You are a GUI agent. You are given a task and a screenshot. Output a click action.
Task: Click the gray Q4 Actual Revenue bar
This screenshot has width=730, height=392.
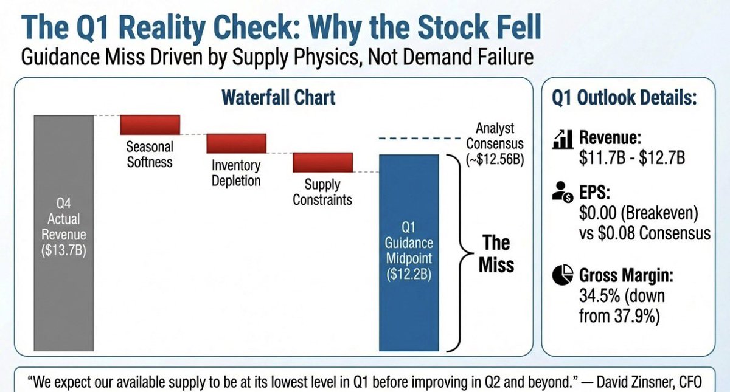click(64, 233)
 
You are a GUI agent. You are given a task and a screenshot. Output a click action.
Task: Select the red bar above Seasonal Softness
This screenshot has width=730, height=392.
click(150, 125)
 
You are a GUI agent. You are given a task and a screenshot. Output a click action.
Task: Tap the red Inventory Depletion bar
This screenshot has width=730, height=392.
click(236, 143)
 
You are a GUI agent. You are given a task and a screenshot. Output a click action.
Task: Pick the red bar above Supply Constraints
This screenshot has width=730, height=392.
click(322, 162)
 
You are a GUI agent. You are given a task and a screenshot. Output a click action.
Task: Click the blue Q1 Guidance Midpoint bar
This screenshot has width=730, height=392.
click(409, 253)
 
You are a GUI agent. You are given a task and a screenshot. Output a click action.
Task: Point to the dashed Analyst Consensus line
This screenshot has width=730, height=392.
click(419, 139)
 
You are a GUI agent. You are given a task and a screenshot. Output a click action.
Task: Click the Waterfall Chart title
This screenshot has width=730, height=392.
click(279, 97)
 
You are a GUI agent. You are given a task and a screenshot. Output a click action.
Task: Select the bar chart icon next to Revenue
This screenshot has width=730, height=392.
click(563, 139)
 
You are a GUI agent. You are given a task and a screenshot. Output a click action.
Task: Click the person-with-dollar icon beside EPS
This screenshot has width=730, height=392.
click(563, 192)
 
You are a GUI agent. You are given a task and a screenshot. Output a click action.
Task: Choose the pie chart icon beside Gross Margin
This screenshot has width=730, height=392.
click(563, 275)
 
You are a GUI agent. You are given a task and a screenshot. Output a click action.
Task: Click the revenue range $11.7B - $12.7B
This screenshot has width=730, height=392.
click(632, 157)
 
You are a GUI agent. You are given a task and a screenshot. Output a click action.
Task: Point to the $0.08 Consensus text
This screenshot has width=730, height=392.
click(654, 233)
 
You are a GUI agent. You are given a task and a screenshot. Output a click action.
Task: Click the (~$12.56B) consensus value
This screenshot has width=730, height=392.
click(495, 159)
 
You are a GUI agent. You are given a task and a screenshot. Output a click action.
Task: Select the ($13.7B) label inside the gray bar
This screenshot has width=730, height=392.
click(64, 250)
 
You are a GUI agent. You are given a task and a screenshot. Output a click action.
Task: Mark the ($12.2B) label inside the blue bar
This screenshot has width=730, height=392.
click(409, 274)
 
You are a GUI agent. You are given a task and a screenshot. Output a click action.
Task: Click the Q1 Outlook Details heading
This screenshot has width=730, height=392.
click(624, 97)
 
